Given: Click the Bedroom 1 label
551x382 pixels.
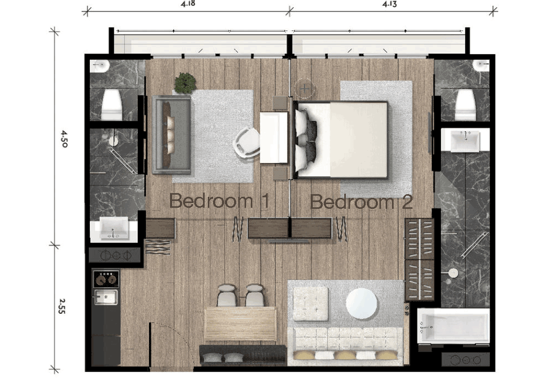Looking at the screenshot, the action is coord(219,201).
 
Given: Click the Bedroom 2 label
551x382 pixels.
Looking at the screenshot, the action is coord(361,201).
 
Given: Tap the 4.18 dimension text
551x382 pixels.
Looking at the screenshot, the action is coord(188,4).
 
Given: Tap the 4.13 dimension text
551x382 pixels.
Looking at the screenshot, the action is coord(389,4).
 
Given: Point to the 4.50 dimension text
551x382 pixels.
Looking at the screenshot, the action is coord(64,139).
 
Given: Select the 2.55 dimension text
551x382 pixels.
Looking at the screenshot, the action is coord(62,306).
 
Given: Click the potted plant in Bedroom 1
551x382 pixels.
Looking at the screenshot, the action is coord(185,83).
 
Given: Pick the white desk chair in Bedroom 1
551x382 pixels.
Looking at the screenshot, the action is coord(247,142).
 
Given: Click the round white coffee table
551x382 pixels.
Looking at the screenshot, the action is coord(361,303).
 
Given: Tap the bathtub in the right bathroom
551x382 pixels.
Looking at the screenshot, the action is coord(453,326).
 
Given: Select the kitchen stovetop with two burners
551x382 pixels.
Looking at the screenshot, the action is coord(106,279).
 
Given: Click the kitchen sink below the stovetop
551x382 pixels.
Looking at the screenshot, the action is coord(106,298).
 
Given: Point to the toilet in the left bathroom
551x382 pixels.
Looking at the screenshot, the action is coord(112,105).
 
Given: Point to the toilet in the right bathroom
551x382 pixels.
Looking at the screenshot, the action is coord(465,105).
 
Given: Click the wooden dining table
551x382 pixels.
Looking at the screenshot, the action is coord(240,324).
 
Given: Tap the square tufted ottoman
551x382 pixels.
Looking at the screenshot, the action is coord(310,304).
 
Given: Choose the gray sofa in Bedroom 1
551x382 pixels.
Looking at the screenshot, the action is coord(172,135).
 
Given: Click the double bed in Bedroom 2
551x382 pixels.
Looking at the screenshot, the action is coord(340,140).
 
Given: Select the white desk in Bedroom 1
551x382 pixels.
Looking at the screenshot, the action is coord(274,137).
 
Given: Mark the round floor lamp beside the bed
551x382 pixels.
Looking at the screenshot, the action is coord(304,88).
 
